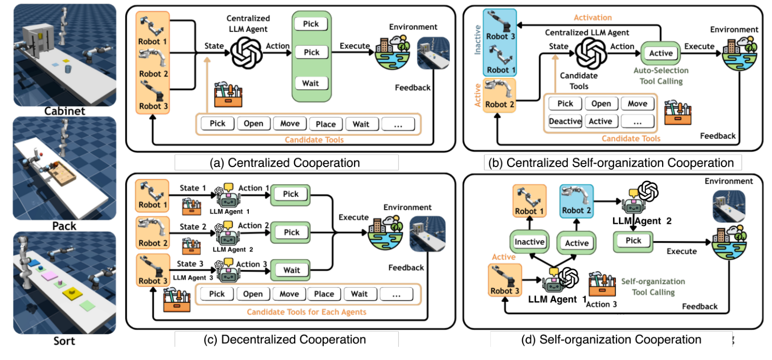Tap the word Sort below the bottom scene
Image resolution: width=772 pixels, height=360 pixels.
64,341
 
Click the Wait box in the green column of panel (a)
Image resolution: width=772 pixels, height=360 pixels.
311,83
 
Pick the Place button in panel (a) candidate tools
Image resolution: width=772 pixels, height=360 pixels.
326,124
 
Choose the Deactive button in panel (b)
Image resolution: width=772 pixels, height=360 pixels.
565,122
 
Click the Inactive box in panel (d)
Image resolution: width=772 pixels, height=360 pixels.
530,242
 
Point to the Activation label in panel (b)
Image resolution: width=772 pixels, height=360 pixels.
592,18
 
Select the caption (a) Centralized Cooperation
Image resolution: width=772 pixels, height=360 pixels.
286,163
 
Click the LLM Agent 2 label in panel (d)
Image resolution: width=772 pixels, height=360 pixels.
638,221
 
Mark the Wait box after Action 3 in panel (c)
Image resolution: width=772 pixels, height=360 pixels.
291,270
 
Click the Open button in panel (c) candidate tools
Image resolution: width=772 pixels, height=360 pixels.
253,294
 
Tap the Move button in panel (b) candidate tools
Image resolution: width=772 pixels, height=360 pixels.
637,103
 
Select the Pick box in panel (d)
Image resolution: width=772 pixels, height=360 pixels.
633,241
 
